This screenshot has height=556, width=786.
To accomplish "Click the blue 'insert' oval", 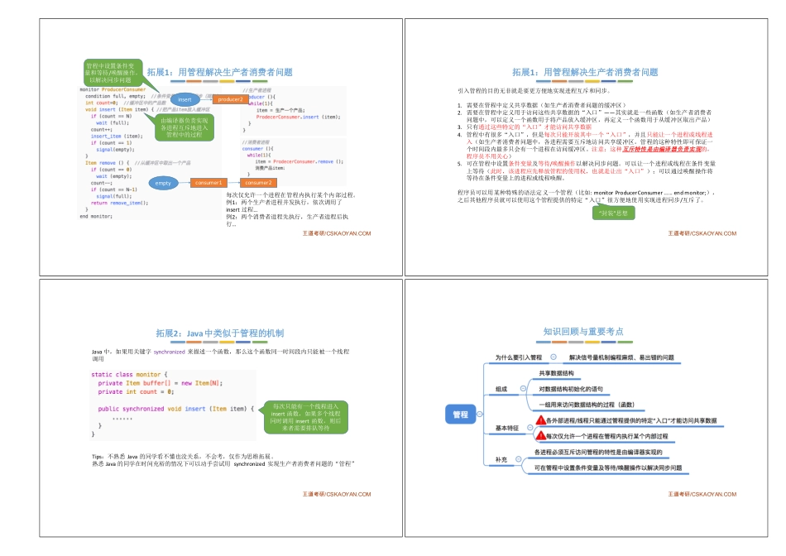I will (185, 99).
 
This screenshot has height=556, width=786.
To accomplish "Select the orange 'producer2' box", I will (231, 99).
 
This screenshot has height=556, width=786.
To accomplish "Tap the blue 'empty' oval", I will (164, 182).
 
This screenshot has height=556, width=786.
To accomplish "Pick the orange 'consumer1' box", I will (208, 182).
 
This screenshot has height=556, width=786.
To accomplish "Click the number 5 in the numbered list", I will (460, 164).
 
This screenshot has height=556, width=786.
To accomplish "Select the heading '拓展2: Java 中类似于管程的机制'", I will (219, 333).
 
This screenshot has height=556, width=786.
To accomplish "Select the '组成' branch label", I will (501, 388).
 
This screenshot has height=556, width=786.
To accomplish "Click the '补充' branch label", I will (501, 459).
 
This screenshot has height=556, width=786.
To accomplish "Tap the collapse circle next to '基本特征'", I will (525, 428).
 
